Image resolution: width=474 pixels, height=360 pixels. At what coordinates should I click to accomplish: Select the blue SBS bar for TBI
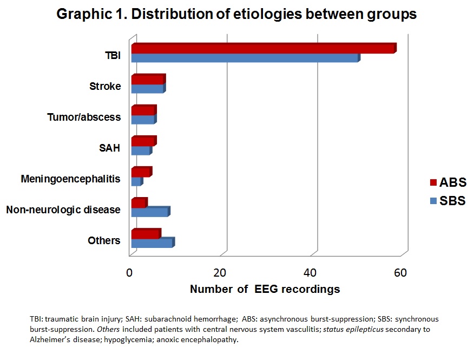[x=244, y=58]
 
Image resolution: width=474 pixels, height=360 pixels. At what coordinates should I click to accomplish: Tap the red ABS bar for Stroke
[x=147, y=80]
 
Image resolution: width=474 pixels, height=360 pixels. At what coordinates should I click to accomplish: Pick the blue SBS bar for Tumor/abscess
[x=143, y=120]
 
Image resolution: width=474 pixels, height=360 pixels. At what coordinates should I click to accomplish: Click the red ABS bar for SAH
[x=143, y=141]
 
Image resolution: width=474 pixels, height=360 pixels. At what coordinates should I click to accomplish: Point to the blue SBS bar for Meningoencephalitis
[x=136, y=181]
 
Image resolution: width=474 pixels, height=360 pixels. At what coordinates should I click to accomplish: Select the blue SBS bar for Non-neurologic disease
[x=149, y=212]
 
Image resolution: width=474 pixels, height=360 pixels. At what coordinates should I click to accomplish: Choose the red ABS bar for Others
[x=145, y=234]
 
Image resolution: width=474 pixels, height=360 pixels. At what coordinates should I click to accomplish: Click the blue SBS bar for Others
[x=152, y=243]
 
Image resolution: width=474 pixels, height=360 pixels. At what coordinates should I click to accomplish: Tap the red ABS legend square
[x=432, y=182]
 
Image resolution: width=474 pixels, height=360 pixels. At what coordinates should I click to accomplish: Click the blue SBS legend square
[x=432, y=201]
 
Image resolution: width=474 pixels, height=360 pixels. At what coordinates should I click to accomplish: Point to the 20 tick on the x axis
[x=220, y=272]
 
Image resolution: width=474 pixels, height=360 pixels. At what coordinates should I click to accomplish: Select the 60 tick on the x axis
[x=400, y=272]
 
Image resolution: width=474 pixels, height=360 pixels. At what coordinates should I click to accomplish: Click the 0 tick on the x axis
[x=129, y=272]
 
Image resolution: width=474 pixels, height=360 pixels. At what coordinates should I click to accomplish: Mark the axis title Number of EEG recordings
[x=265, y=289]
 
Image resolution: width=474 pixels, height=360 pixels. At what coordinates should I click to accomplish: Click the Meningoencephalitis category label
[x=70, y=178]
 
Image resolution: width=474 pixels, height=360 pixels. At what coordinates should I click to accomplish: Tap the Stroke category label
[x=105, y=86]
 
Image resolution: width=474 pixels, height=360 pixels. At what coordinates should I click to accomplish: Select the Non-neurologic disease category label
[x=63, y=209]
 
